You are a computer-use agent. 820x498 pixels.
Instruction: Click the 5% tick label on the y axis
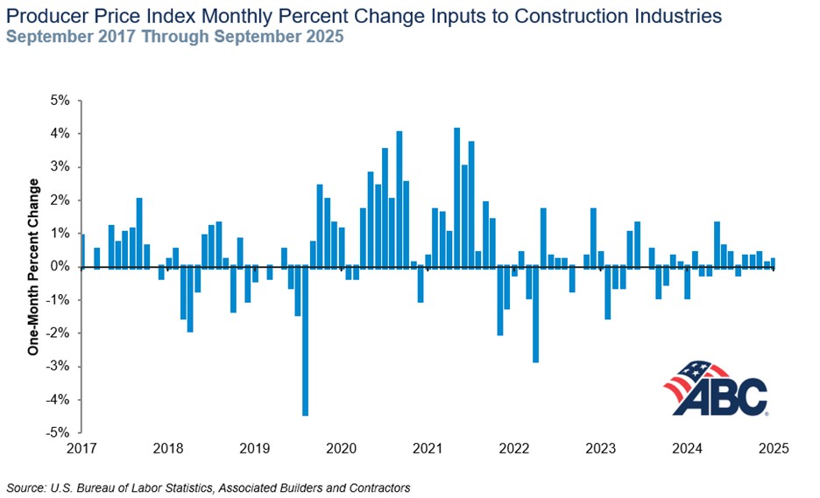click(x=60, y=101)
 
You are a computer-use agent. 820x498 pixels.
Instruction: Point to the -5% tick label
click(x=58, y=432)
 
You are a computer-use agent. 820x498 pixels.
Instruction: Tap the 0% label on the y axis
click(x=60, y=267)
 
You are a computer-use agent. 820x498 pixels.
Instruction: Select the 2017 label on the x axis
click(x=81, y=449)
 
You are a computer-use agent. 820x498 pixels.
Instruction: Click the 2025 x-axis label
click(x=774, y=449)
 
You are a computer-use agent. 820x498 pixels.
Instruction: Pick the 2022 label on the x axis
click(x=514, y=449)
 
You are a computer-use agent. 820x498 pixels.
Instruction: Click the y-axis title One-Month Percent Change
click(x=34, y=267)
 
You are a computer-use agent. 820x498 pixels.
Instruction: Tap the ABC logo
click(x=716, y=389)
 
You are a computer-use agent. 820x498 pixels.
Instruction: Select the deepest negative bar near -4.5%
click(x=305, y=340)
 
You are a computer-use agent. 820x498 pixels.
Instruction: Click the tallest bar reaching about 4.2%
click(x=456, y=197)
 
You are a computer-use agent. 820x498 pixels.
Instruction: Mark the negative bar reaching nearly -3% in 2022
click(x=535, y=314)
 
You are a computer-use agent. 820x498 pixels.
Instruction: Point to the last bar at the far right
click(x=773, y=263)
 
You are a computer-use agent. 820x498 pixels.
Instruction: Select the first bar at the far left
click(x=81, y=250)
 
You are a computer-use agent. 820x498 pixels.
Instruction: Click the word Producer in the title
click(x=45, y=16)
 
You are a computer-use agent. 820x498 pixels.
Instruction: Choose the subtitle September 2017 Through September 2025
click(x=175, y=37)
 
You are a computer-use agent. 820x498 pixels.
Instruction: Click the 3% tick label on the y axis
click(x=60, y=167)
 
